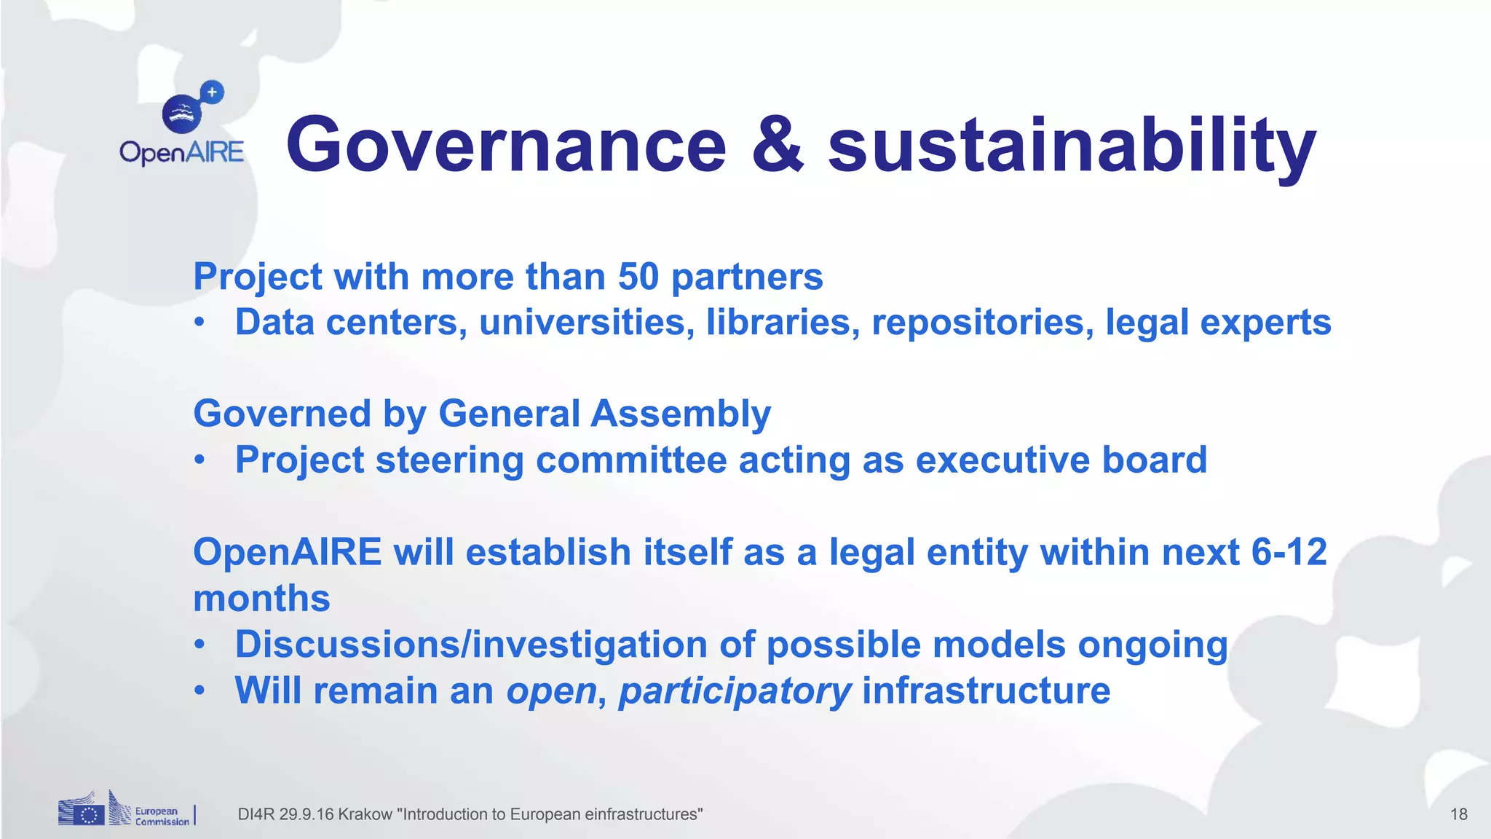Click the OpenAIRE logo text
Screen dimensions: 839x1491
click(x=181, y=152)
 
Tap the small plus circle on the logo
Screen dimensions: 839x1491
click(x=212, y=92)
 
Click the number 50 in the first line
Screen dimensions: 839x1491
click(x=638, y=277)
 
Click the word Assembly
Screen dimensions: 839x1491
click(x=681, y=414)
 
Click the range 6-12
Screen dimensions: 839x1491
click(x=1289, y=552)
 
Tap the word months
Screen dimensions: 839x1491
click(x=261, y=599)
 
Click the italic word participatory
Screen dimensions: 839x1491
click(x=735, y=692)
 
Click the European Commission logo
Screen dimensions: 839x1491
click(x=125, y=811)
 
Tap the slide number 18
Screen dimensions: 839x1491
click(x=1458, y=814)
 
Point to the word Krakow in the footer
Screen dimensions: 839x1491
click(x=365, y=814)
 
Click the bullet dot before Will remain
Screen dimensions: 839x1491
click(x=199, y=690)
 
